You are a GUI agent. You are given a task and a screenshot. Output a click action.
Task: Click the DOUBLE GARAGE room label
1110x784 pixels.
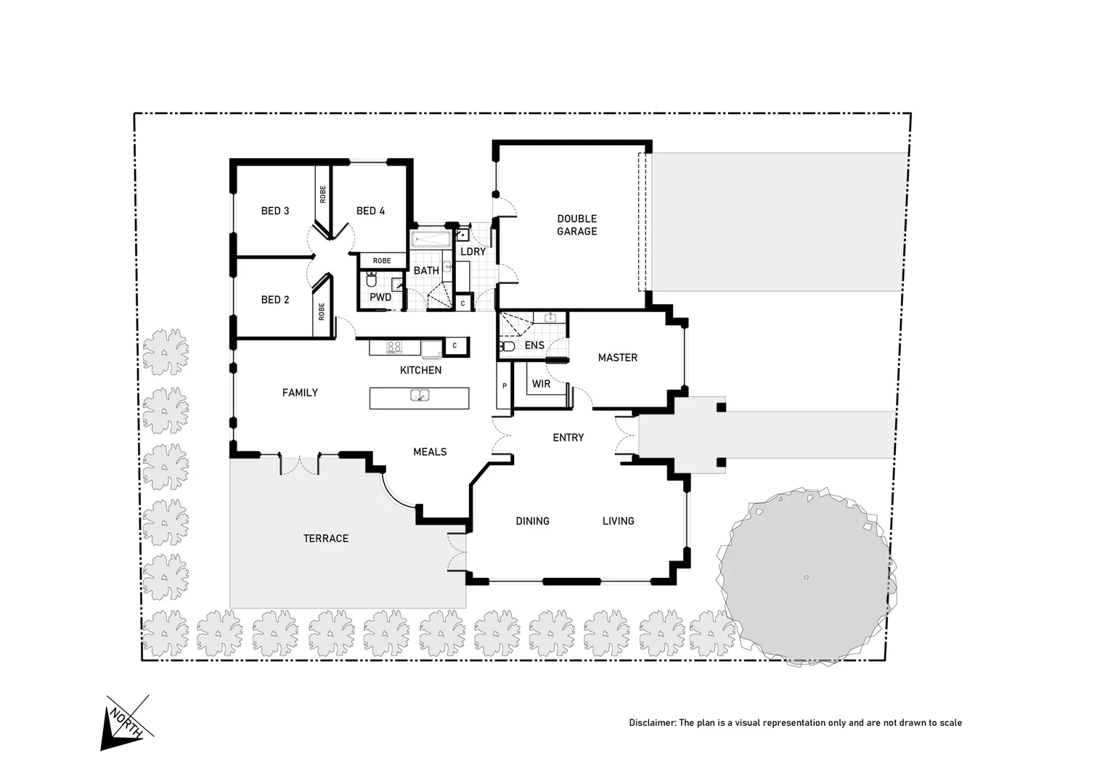[x=576, y=225]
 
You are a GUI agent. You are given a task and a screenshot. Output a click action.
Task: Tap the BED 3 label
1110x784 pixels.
[x=275, y=211]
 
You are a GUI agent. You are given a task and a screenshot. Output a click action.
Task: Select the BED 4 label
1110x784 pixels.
[x=370, y=211]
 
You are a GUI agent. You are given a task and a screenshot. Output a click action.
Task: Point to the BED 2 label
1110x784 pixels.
[x=275, y=300]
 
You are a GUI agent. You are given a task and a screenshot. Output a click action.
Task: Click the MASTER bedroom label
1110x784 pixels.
[x=617, y=358]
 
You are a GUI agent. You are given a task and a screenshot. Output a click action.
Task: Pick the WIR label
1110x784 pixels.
[x=541, y=384]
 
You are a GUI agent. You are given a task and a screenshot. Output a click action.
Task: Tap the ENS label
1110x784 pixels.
[x=534, y=346]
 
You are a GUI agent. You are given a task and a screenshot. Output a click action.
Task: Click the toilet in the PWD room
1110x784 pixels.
[x=371, y=280]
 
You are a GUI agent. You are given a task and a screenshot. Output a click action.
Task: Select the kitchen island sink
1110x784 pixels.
[x=420, y=396]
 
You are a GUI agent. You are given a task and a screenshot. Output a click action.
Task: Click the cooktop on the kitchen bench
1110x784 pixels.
[x=394, y=348]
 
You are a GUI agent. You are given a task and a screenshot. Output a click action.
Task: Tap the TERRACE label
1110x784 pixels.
[x=325, y=539]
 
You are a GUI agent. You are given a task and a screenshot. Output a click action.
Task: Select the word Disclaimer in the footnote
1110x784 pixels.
[x=651, y=723]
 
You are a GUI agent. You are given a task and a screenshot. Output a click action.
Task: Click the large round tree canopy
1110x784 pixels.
[x=806, y=576]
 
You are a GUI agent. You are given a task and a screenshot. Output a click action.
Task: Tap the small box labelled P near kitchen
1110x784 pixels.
[x=504, y=386]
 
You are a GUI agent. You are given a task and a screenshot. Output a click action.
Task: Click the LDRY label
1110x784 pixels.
[x=473, y=252]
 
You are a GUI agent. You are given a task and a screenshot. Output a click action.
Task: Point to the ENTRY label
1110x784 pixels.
[x=568, y=438]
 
